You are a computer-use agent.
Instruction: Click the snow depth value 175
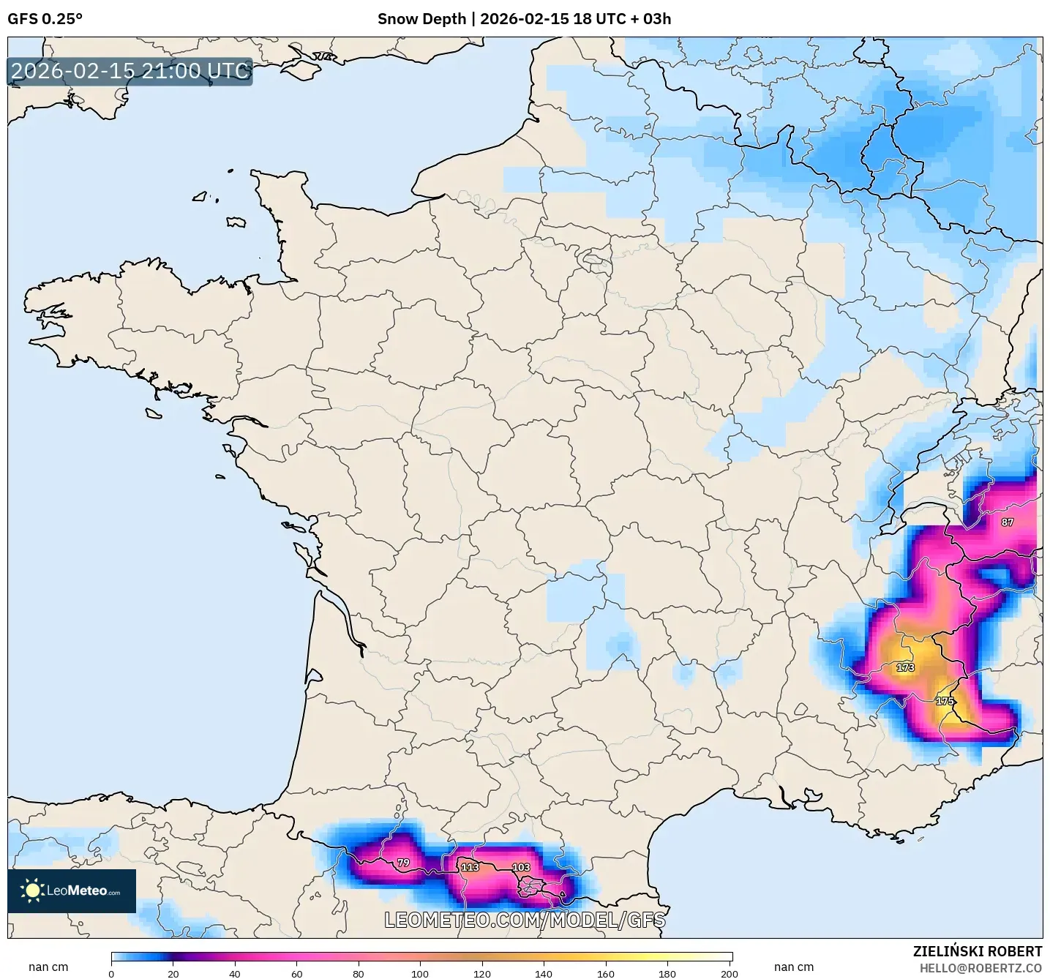coord(945,701)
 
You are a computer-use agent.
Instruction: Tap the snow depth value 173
coord(905,667)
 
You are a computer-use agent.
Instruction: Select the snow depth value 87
coord(1008,522)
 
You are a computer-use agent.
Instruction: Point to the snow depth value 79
coord(403,863)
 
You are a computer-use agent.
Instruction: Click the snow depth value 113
coord(470,867)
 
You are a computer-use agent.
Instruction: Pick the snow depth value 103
coord(521,867)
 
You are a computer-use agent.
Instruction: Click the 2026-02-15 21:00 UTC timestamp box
coord(130,71)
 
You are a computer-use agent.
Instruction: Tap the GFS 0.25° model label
coord(45,19)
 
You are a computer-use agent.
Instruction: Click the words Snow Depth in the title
coord(421,19)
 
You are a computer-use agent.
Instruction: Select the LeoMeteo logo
coord(72,890)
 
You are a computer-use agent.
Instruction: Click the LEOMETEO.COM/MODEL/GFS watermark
coord(525,920)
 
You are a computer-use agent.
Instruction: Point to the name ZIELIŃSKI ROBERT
coord(978,951)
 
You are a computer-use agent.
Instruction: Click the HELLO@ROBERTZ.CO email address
coord(980,968)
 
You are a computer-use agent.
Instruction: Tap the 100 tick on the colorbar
coord(420,973)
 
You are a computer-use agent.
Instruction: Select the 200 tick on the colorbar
coord(729,973)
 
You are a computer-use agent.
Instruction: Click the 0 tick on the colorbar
coord(111,973)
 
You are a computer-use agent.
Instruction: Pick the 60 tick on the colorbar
coord(296,973)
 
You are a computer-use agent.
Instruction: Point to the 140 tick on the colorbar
coord(544,973)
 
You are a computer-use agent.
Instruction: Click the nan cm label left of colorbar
coord(48,967)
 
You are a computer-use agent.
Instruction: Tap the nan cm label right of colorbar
coord(794,967)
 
